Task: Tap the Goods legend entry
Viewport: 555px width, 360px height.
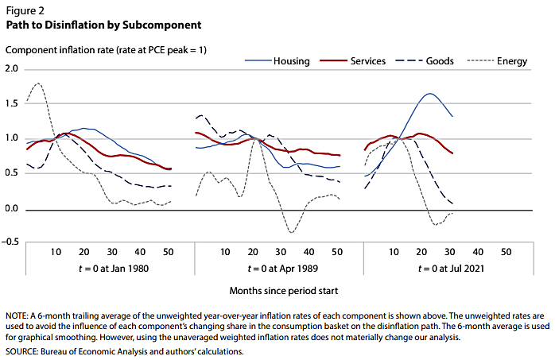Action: [441, 61]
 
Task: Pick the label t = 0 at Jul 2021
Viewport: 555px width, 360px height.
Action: [439, 268]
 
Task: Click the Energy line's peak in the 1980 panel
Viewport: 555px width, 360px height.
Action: [38, 83]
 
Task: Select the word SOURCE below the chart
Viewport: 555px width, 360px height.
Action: [22, 350]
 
